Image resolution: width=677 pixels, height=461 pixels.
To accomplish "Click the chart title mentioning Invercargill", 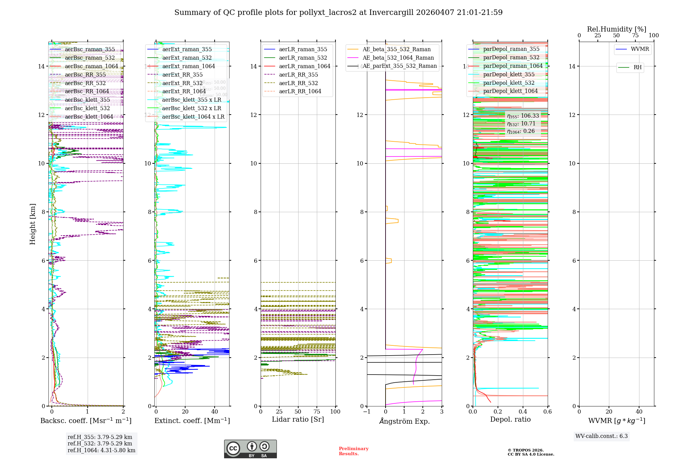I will (x=338, y=13).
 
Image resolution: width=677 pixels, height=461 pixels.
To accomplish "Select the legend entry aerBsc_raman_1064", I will (x=91, y=66).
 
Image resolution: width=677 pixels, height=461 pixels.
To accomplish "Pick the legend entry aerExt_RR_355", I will (x=182, y=75).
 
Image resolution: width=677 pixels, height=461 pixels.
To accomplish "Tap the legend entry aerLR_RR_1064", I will (x=300, y=91).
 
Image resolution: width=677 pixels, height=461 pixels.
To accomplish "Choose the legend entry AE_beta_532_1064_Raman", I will (x=398, y=58).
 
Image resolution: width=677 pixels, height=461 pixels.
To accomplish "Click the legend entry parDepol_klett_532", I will (x=509, y=83).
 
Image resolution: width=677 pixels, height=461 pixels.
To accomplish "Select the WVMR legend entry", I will (x=640, y=49).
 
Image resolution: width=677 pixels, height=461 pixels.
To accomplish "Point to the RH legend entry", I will (x=637, y=67).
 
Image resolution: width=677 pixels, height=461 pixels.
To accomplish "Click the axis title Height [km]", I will (x=32, y=224).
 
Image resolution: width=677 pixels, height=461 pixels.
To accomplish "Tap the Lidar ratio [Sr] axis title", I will (x=298, y=419).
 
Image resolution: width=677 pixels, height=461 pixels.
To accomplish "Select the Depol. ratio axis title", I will (x=510, y=419).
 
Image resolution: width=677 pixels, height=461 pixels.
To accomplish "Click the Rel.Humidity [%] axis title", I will (x=616, y=29).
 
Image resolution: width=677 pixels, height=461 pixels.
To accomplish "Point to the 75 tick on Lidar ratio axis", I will (x=317, y=412).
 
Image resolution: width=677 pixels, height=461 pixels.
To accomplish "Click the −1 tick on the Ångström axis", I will (x=367, y=412).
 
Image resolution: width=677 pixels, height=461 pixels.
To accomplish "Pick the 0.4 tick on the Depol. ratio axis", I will (x=523, y=412).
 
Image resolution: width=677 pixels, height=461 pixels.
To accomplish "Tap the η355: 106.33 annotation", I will (x=523, y=116).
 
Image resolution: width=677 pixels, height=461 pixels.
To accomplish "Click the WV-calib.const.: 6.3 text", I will (x=602, y=436).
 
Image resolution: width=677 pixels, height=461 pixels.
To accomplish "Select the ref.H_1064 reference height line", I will (x=101, y=450).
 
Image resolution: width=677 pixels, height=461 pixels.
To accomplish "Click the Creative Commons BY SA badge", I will (x=250, y=449).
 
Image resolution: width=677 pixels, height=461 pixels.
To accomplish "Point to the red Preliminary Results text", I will (x=353, y=451).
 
